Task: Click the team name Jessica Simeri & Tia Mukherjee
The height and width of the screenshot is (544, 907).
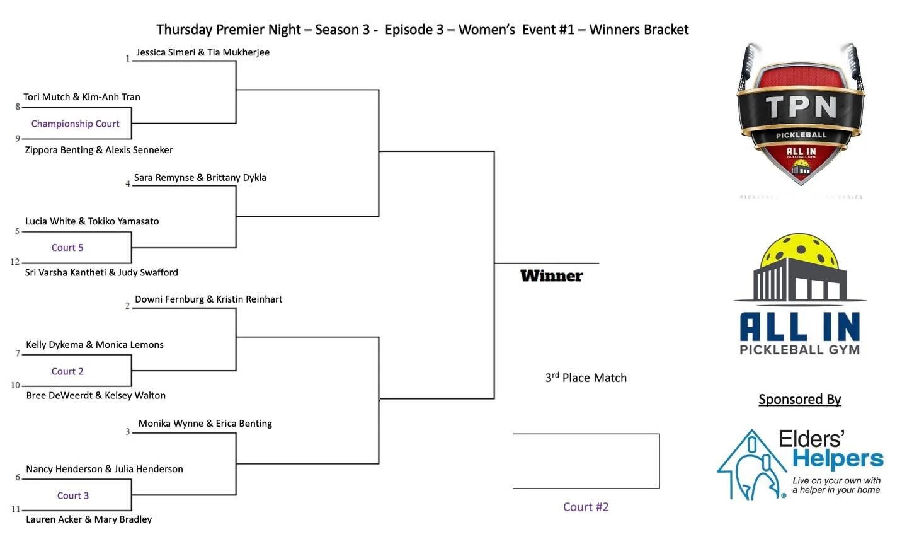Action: click(203, 52)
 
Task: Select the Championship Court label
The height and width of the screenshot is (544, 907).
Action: click(75, 124)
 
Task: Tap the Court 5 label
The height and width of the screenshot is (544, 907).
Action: click(67, 248)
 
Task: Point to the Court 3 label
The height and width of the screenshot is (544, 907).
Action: click(73, 495)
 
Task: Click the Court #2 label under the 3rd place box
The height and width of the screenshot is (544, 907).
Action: click(586, 507)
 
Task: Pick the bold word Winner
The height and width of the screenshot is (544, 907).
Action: click(551, 275)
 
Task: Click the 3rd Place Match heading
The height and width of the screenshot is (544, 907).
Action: click(586, 378)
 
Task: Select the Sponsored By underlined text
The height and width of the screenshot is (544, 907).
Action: click(799, 399)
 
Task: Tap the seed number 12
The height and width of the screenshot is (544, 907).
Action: click(15, 262)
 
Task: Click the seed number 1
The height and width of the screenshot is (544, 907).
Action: click(128, 59)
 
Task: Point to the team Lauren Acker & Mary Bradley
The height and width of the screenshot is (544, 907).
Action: click(89, 519)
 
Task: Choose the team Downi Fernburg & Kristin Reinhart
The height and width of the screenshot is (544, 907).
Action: click(208, 299)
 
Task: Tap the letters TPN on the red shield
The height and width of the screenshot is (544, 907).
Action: click(801, 107)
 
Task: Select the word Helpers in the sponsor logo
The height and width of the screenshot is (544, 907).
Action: click(838, 459)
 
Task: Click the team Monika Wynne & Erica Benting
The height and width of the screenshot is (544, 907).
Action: click(205, 424)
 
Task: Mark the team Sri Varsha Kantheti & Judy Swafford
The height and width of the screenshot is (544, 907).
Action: click(101, 272)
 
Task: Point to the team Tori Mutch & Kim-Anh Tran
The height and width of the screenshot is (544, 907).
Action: click(82, 97)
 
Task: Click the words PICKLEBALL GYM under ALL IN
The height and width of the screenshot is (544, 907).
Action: click(799, 350)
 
